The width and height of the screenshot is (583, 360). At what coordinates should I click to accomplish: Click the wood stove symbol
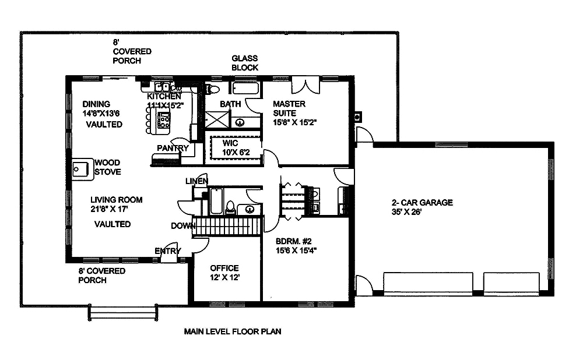80,168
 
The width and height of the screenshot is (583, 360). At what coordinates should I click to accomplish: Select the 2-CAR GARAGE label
422,203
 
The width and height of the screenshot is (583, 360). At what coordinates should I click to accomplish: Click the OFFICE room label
224,268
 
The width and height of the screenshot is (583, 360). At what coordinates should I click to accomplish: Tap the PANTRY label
173,148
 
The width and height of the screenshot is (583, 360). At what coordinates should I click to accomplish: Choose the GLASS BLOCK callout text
245,63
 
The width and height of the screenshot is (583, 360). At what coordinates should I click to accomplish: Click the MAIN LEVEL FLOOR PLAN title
233,332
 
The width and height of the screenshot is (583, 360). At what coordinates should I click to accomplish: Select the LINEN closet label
196,181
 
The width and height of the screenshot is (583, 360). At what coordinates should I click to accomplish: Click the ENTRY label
167,251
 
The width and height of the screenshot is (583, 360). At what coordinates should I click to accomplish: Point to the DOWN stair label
182,226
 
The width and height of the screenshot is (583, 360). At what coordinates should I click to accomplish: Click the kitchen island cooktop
164,121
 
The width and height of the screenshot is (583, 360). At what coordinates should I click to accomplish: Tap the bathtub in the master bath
245,89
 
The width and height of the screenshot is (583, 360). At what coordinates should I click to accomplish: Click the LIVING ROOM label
117,200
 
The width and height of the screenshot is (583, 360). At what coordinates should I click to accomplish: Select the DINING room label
96,104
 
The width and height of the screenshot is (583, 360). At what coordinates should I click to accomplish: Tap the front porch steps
123,312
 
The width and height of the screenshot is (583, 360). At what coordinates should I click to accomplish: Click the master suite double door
305,84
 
